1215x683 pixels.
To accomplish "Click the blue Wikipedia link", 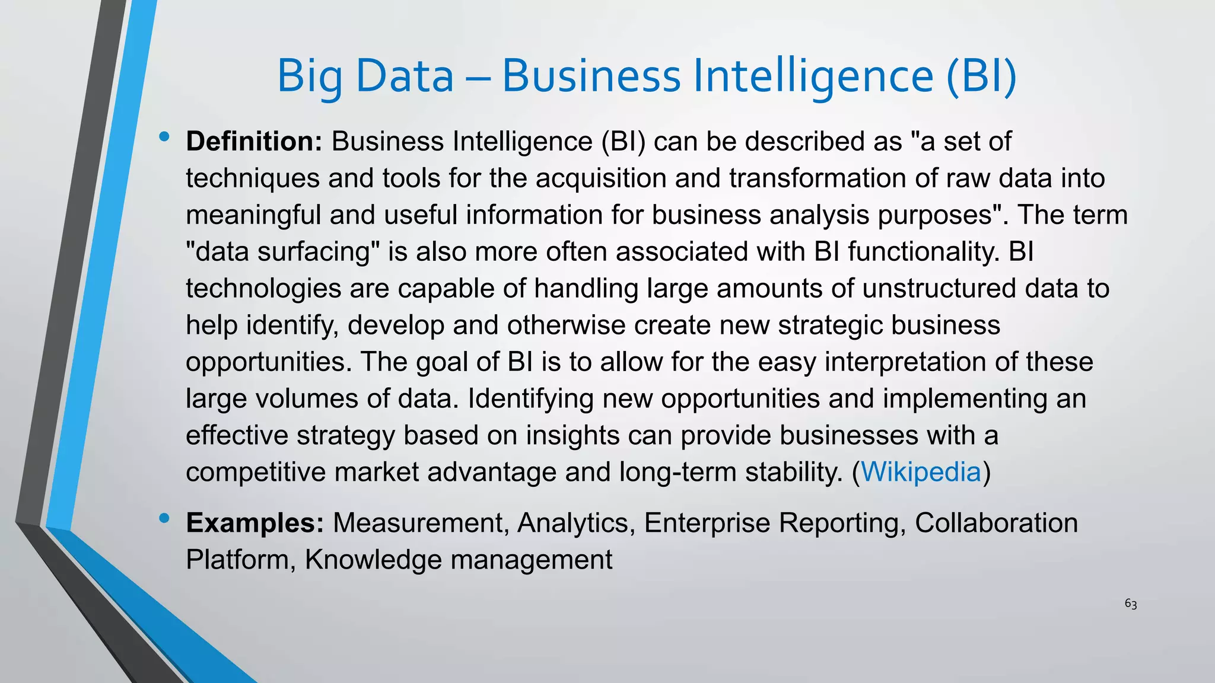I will (x=921, y=472).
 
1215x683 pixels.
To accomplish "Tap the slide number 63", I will (x=1131, y=604).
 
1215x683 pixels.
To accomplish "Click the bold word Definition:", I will (x=254, y=142).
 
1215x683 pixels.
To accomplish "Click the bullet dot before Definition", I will (x=164, y=138).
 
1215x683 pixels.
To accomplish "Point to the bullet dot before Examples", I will (x=164, y=519).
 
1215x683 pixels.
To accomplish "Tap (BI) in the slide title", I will (x=981, y=76).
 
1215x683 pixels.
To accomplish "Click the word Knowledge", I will (x=374, y=560).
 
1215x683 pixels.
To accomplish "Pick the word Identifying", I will (x=530, y=399).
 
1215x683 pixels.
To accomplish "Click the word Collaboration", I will (x=996, y=523).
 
